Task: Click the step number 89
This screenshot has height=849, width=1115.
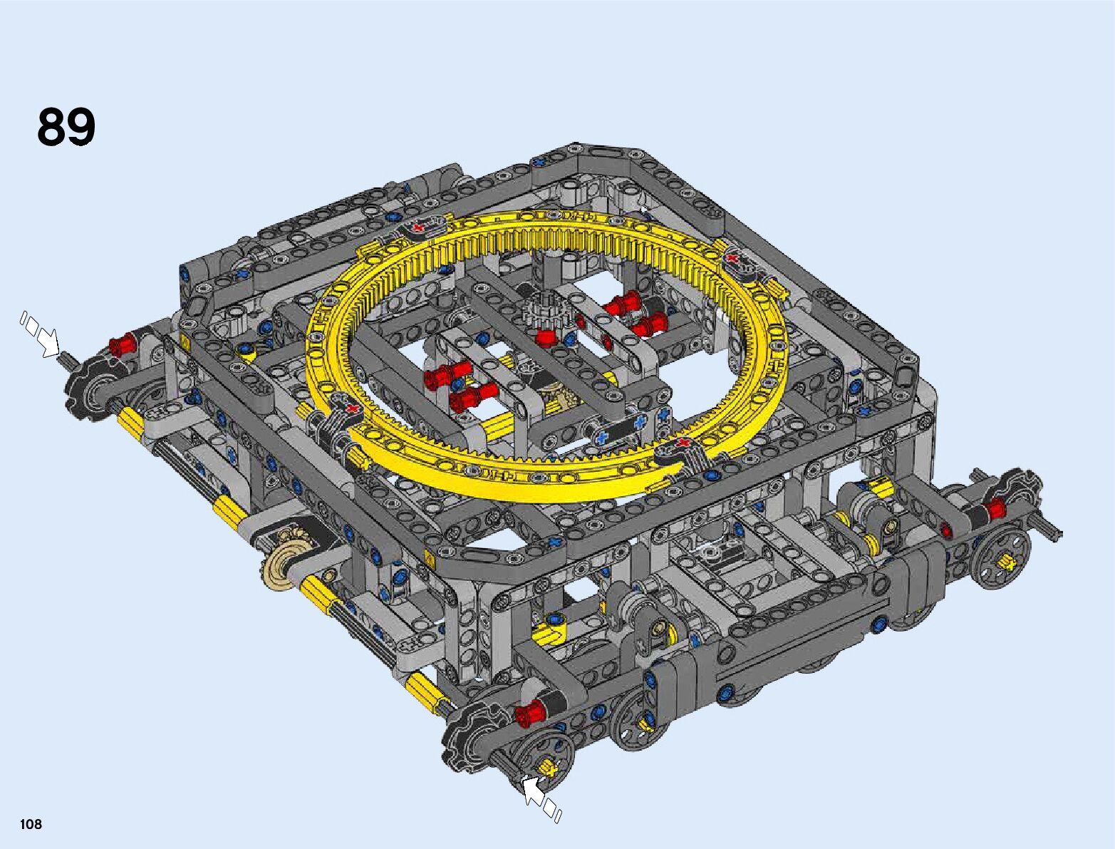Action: tap(66, 127)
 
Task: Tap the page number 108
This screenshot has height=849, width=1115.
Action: tap(31, 823)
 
